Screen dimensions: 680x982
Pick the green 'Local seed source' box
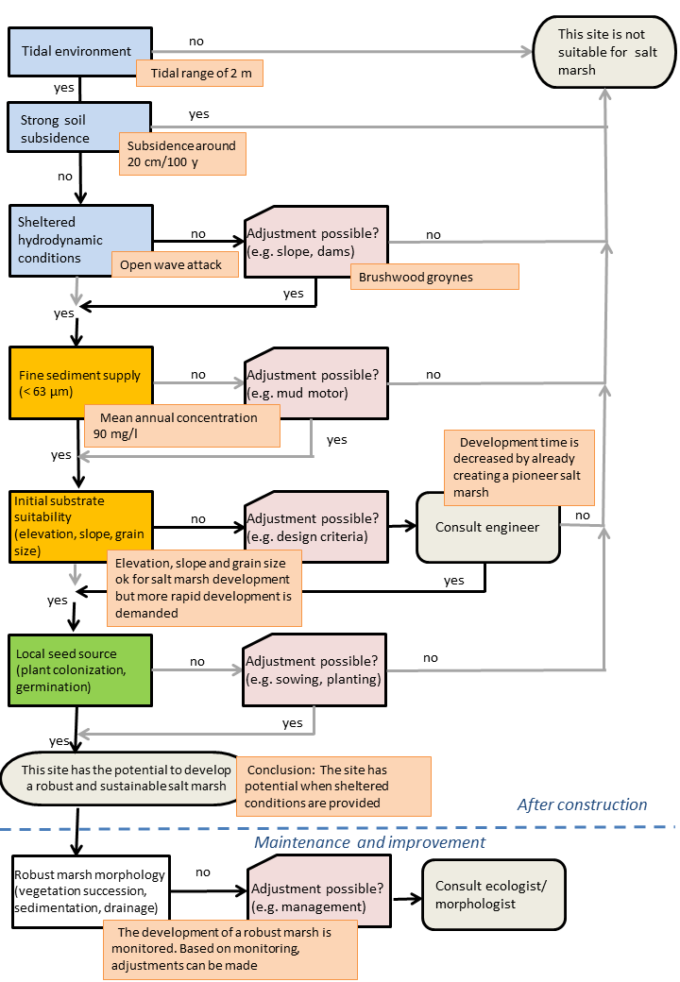(x=80, y=670)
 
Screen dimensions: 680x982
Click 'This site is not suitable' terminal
(x=604, y=52)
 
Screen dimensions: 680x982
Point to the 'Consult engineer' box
(x=487, y=527)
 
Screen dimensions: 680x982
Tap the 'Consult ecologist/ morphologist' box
(x=494, y=894)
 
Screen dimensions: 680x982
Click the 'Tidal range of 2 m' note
(x=199, y=74)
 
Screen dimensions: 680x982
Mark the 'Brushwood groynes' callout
(x=434, y=277)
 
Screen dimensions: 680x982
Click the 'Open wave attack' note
(x=175, y=265)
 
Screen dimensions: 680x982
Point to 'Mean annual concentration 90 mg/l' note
(x=182, y=426)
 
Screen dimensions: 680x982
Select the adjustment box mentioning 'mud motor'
(x=316, y=383)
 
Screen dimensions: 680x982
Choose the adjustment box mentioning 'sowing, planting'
(x=314, y=670)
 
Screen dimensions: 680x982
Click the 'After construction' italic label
(x=583, y=804)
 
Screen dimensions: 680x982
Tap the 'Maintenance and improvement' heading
(x=369, y=842)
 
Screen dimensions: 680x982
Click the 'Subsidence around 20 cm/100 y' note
(x=183, y=153)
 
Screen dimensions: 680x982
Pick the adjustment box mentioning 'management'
(x=319, y=890)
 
